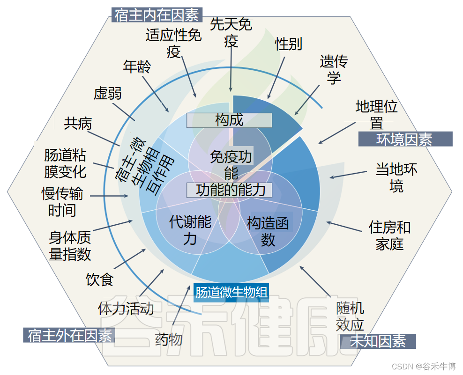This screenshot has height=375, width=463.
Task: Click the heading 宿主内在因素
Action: click(157, 15)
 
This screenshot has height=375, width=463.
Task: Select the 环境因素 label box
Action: click(405, 140)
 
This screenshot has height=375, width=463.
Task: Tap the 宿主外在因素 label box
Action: click(69, 335)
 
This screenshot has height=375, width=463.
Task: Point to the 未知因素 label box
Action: click(378, 341)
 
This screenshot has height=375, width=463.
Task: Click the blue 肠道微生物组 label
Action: click(231, 293)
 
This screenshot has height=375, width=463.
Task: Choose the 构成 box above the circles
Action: click(229, 120)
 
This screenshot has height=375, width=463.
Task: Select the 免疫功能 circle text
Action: click(231, 164)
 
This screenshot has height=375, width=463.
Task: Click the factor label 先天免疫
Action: click(231, 32)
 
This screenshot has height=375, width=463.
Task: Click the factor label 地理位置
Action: click(376, 115)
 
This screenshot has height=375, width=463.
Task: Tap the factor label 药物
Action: click(169, 339)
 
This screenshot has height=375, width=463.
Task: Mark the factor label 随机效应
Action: click(350, 316)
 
